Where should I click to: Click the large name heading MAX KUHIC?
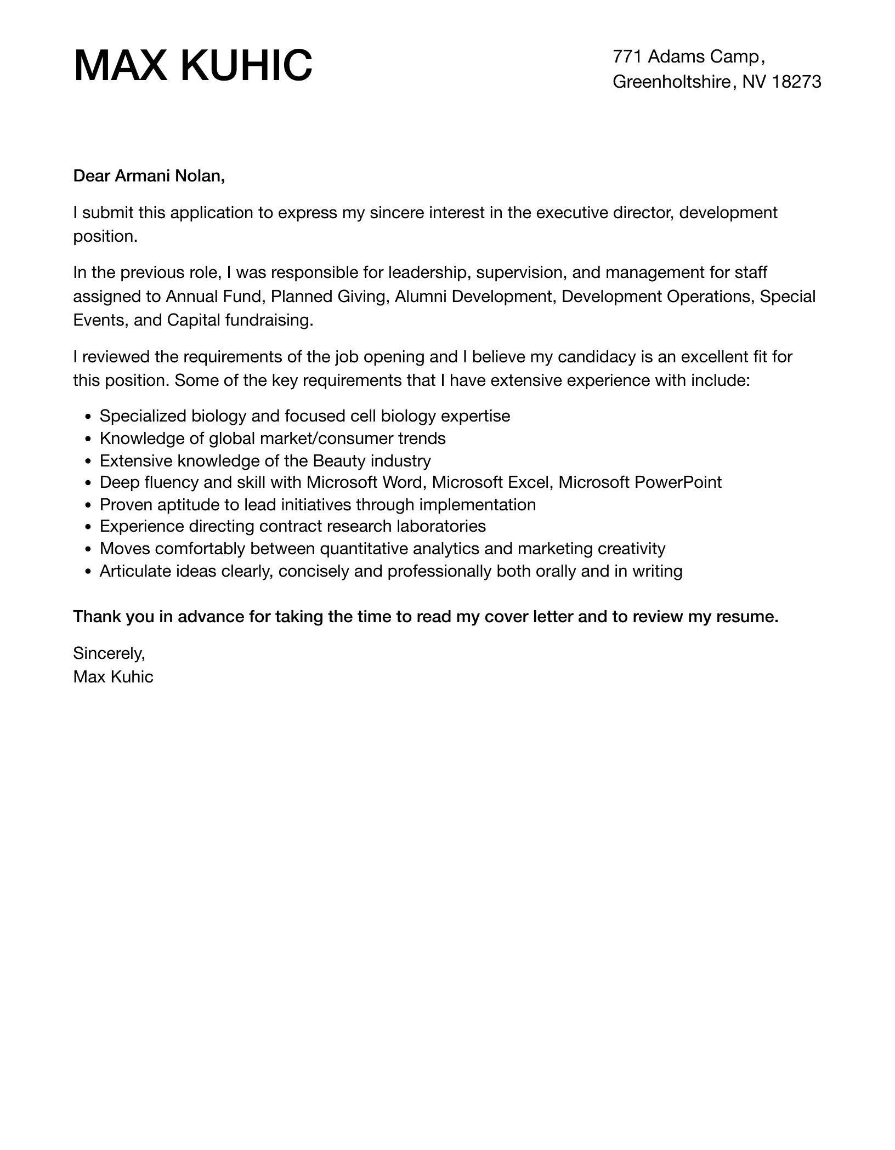(x=192, y=66)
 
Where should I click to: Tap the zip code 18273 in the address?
(x=796, y=82)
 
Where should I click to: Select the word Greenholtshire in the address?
(x=672, y=82)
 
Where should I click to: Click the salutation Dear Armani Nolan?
(x=149, y=176)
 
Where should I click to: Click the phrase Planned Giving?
(x=329, y=297)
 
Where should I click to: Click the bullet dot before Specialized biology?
(x=89, y=417)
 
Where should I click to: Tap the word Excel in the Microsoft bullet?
(x=529, y=482)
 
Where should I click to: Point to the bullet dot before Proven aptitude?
(x=89, y=505)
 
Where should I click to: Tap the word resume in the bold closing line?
(x=748, y=617)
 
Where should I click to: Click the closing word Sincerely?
(x=109, y=653)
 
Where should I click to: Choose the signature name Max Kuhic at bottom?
(x=113, y=677)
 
